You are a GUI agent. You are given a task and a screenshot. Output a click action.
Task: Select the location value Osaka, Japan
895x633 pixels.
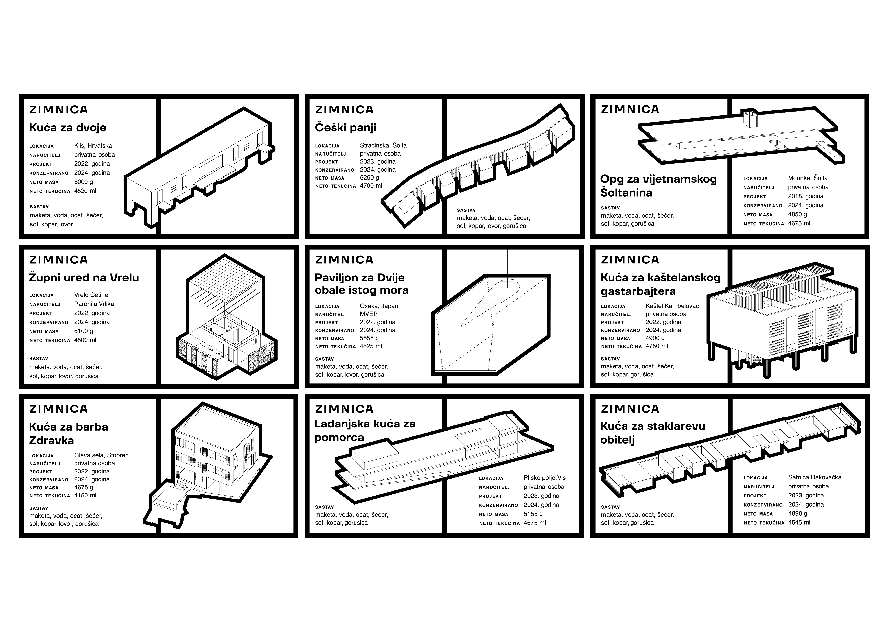click(x=379, y=306)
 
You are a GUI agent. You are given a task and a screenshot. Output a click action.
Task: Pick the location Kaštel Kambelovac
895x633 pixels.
click(x=672, y=306)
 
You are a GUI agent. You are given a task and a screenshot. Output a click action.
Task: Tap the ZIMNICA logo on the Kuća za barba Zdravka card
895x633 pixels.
click(x=58, y=409)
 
